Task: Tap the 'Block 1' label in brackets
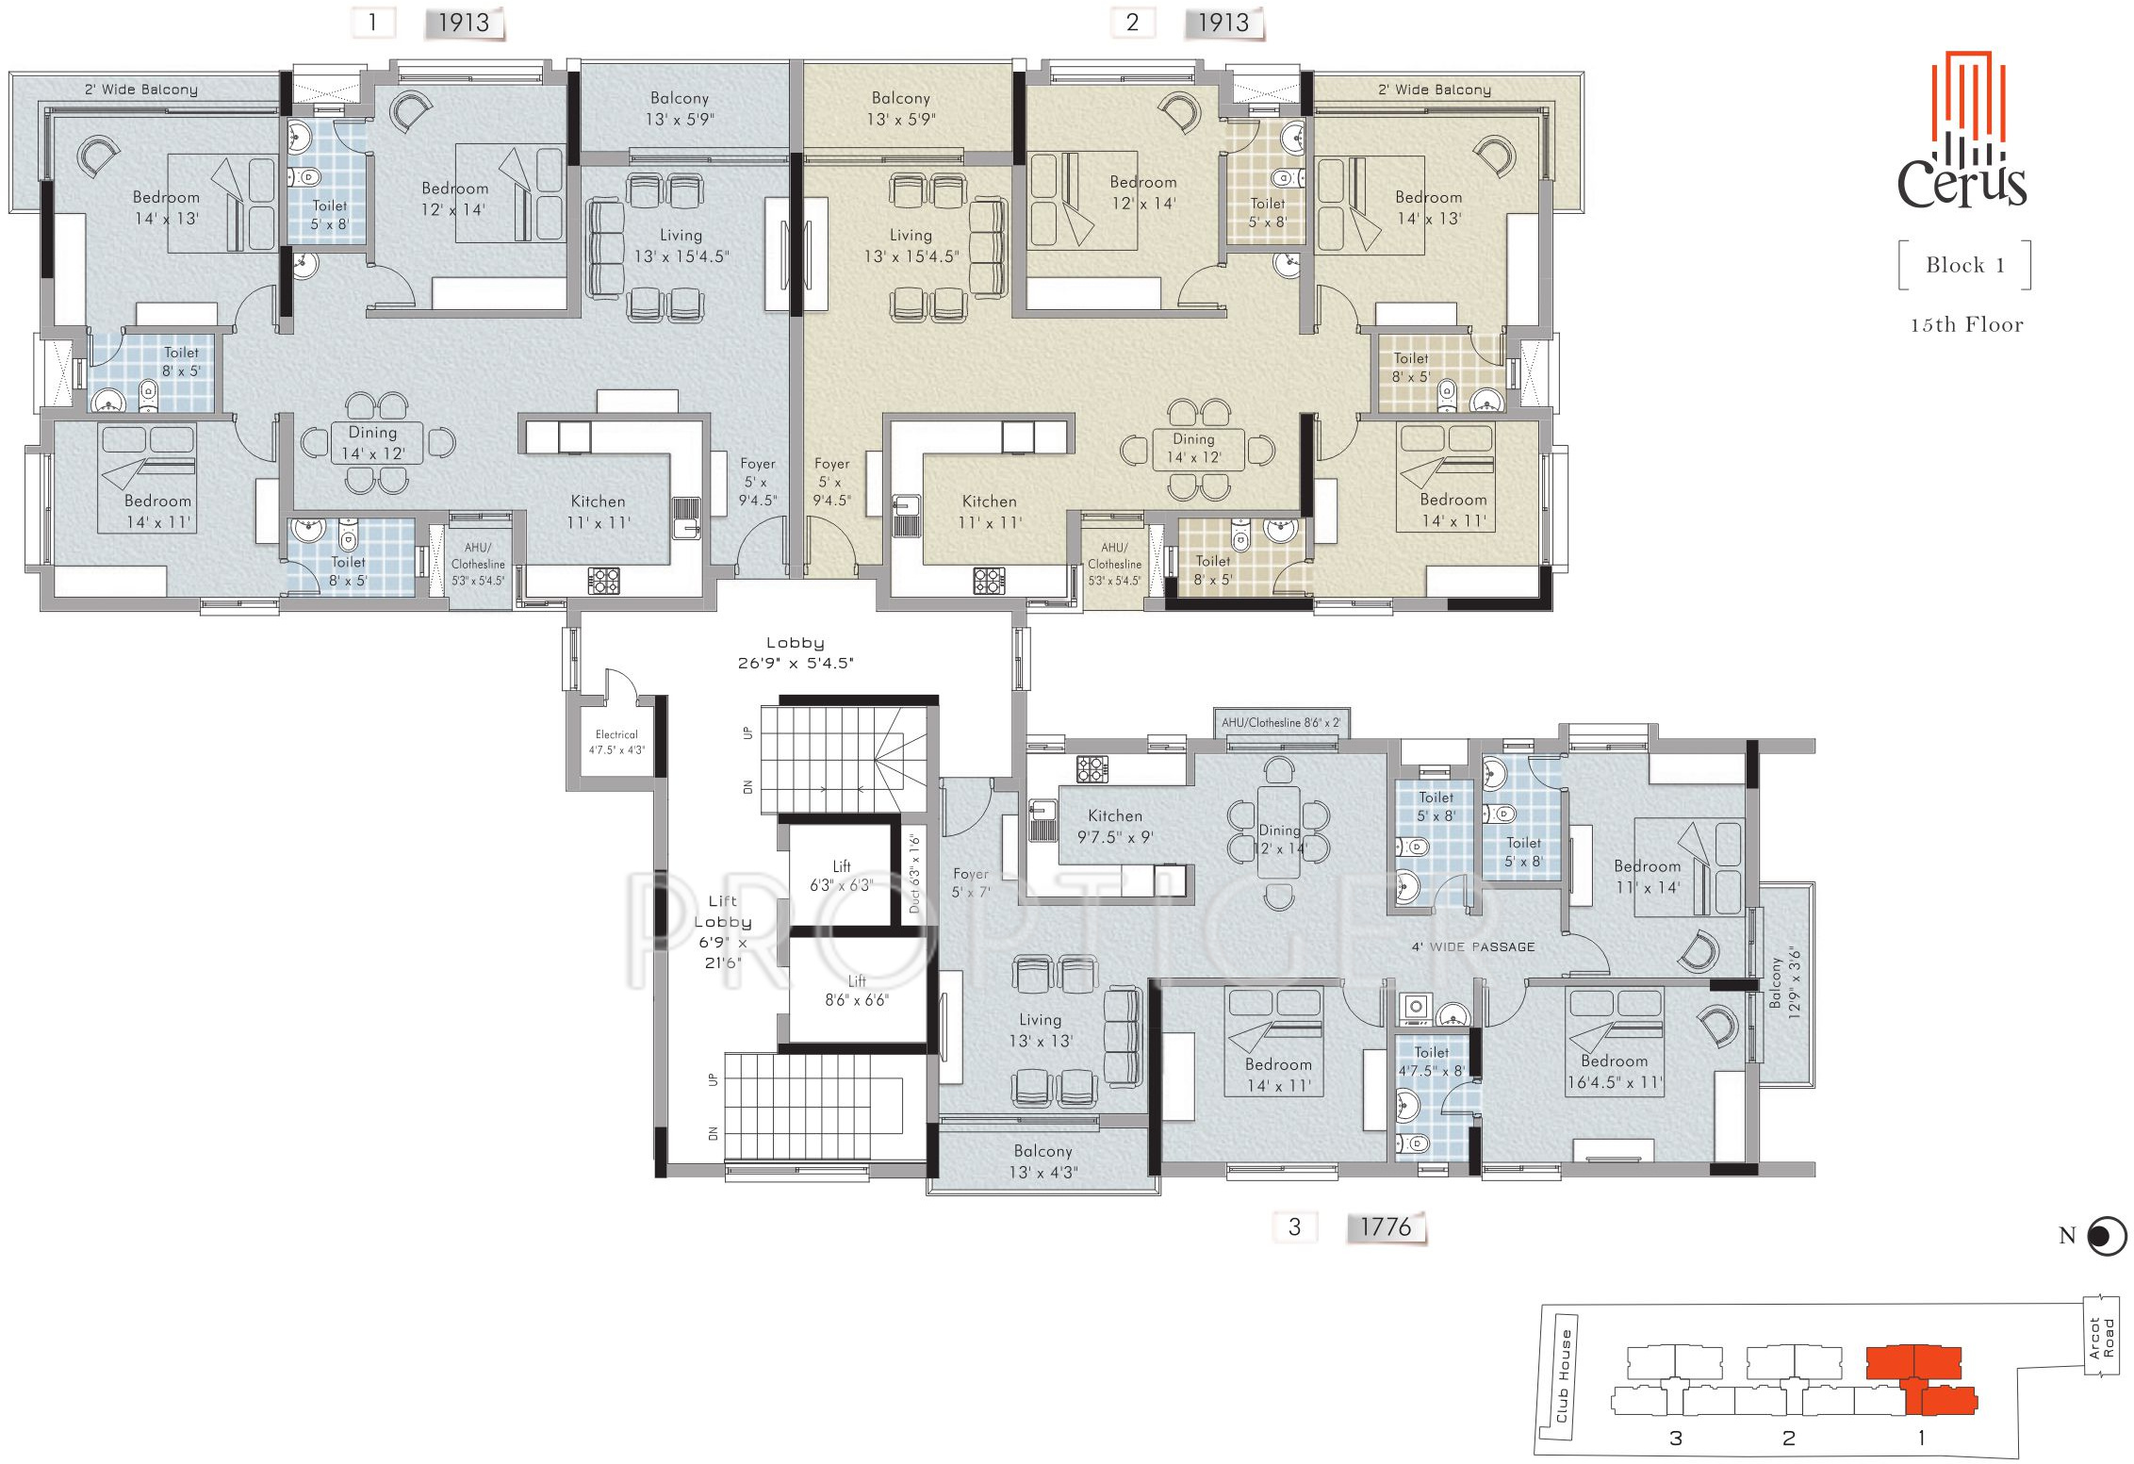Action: tap(1965, 266)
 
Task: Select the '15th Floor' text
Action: tap(1967, 325)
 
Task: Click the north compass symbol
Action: tap(2107, 1236)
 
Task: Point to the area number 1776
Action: tap(1386, 1227)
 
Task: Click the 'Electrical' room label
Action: tap(616, 734)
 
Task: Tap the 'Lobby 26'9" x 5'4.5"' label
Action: tap(796, 652)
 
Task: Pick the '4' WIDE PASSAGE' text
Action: tap(1473, 946)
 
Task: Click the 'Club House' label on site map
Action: tap(1564, 1375)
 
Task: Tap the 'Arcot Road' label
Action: tap(2102, 1339)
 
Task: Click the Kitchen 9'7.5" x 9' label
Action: tap(1115, 826)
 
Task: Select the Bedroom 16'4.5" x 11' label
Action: tap(1615, 1072)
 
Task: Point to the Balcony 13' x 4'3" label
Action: tap(1043, 1161)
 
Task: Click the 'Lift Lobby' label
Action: tap(723, 912)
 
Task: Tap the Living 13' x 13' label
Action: tap(1041, 1030)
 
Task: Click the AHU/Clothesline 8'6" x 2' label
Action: tap(1281, 723)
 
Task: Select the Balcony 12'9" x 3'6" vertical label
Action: tap(1785, 983)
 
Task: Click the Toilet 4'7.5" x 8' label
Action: tap(1432, 1061)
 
